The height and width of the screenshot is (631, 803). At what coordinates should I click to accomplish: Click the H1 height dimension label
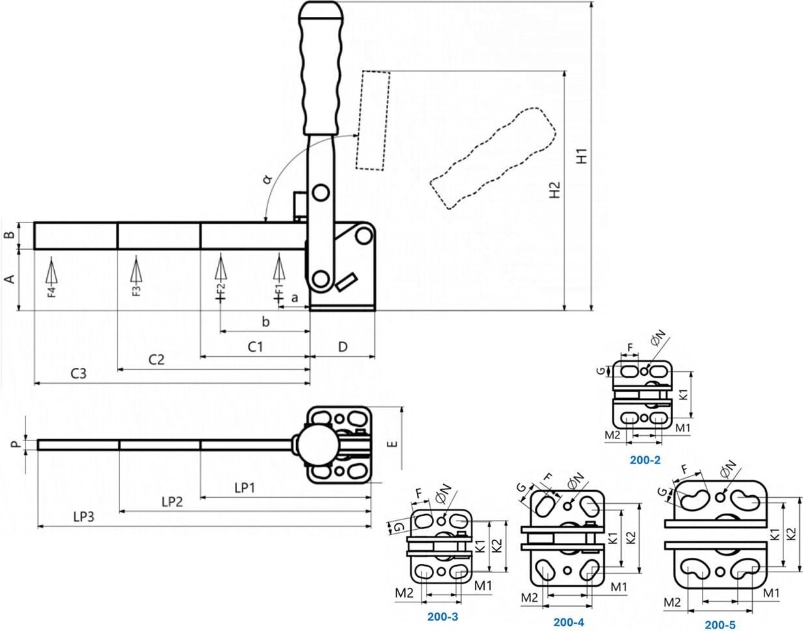click(x=585, y=155)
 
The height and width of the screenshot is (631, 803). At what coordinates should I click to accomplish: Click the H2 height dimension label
click(x=555, y=190)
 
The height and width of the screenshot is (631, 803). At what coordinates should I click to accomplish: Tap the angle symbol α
click(x=267, y=178)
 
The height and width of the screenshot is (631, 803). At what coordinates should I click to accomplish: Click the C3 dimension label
click(x=78, y=374)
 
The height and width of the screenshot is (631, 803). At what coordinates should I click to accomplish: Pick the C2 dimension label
click(x=156, y=359)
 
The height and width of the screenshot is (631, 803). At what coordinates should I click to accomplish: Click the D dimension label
click(x=342, y=347)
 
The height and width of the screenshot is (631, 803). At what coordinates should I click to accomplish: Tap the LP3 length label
click(x=84, y=517)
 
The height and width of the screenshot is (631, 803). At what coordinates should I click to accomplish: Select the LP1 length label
click(x=243, y=487)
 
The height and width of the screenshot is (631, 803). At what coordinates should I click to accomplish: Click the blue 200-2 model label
click(x=645, y=459)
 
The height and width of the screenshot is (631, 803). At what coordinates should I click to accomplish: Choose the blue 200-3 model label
click(x=443, y=615)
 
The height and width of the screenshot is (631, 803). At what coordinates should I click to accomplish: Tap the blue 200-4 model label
click(x=568, y=622)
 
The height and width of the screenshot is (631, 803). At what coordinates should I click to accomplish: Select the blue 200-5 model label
click(x=720, y=624)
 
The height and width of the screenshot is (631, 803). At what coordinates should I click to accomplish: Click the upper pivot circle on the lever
click(x=320, y=193)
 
